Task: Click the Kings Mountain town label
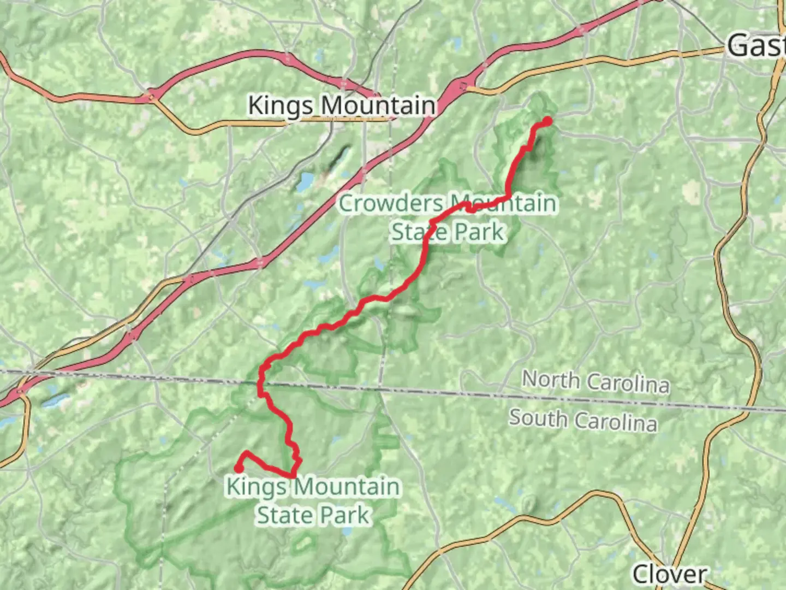pyautogui.click(x=342, y=105)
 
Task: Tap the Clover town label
pyautogui.click(x=669, y=574)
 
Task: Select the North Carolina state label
pyautogui.click(x=596, y=381)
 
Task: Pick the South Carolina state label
pyautogui.click(x=583, y=420)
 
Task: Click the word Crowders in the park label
pyautogui.click(x=391, y=204)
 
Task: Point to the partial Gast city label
pyautogui.click(x=756, y=45)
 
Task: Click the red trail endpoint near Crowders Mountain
pyautogui.click(x=547, y=121)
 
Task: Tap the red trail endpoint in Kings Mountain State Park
pyautogui.click(x=239, y=468)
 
